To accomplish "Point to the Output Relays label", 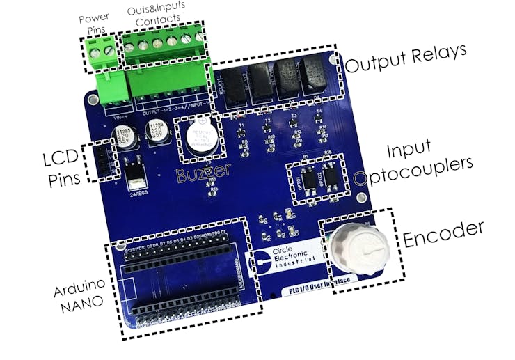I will (x=406, y=61).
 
